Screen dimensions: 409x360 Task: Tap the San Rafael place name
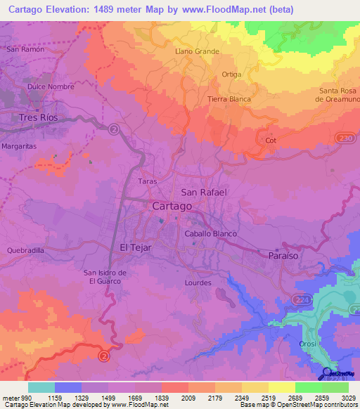click(x=204, y=192)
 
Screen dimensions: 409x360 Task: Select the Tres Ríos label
click(x=38, y=117)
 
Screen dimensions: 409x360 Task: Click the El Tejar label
click(x=136, y=247)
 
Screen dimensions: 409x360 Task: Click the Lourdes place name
click(x=198, y=283)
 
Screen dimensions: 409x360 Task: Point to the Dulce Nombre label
click(x=46, y=86)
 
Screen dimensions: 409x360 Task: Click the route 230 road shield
click(x=343, y=138)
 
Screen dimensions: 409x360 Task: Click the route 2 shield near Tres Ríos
click(x=115, y=129)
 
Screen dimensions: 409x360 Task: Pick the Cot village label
click(x=271, y=141)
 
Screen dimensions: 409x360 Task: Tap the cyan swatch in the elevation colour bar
click(x=41, y=387)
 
